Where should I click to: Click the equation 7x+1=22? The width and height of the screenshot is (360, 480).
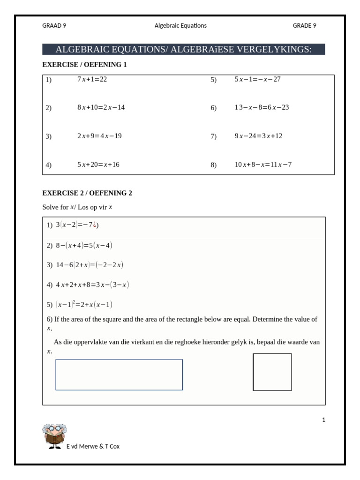coord(92,79)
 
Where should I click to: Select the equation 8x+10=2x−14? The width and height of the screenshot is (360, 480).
coord(101,107)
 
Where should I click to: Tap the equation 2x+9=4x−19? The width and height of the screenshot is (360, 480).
coord(99,136)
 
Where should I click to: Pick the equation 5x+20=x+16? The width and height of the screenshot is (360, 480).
coord(98,165)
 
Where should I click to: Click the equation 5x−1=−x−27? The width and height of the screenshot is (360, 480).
coord(257,79)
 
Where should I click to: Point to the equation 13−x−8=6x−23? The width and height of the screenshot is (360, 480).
coord(262,107)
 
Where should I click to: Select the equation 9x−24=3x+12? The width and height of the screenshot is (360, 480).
coord(258,136)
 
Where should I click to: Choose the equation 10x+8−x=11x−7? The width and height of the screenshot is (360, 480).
coord(263,165)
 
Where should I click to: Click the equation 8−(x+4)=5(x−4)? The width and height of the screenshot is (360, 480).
coord(84,245)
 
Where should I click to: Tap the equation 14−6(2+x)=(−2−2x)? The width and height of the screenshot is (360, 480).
coord(90,265)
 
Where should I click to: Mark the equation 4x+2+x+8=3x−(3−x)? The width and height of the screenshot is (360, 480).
coord(92,285)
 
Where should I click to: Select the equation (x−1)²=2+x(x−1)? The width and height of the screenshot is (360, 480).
coord(84,305)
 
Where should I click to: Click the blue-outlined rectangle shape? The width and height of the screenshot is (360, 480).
coord(119,375)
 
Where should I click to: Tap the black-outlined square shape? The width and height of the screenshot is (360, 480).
coord(272,372)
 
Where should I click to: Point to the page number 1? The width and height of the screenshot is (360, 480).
coord(323,420)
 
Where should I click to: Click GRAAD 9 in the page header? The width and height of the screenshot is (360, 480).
coord(54,26)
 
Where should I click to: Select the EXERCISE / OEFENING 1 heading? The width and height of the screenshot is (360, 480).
coord(84,65)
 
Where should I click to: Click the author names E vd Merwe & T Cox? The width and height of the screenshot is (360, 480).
coord(93,446)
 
